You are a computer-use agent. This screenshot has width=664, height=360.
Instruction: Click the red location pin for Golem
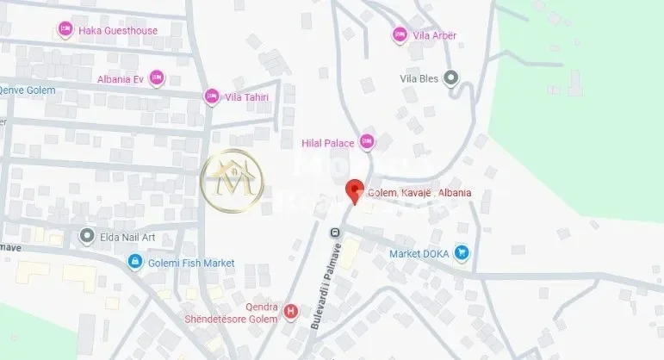point(354,191)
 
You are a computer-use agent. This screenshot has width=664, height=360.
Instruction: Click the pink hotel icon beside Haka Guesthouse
point(65,30)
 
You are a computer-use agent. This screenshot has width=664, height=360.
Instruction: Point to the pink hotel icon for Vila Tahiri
point(211,96)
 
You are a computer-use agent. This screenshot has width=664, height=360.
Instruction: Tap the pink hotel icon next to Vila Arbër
point(399,34)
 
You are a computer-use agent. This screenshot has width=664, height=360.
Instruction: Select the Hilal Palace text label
point(327,142)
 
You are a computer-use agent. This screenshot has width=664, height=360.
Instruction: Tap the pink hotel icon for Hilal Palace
point(367,142)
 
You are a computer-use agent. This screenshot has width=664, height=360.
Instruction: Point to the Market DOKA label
point(418,253)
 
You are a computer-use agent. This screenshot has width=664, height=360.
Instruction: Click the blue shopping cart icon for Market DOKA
point(462,252)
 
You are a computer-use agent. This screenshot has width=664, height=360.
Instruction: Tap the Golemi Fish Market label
point(191,262)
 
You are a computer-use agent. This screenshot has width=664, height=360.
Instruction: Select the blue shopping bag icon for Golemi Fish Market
point(134,261)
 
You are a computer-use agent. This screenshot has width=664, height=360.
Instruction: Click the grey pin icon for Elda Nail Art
point(85,235)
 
